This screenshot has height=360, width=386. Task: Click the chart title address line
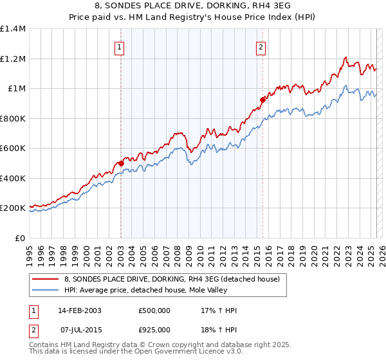(193, 6)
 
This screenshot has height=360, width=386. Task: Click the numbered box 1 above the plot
(120, 46)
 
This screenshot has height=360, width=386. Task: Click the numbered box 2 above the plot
(261, 46)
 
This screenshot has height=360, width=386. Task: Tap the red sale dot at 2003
(120, 163)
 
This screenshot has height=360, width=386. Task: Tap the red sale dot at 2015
(262, 100)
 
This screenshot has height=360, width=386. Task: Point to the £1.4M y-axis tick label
(13, 29)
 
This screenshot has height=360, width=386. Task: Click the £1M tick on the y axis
(16, 89)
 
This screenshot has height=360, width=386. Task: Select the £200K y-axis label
(13, 208)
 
